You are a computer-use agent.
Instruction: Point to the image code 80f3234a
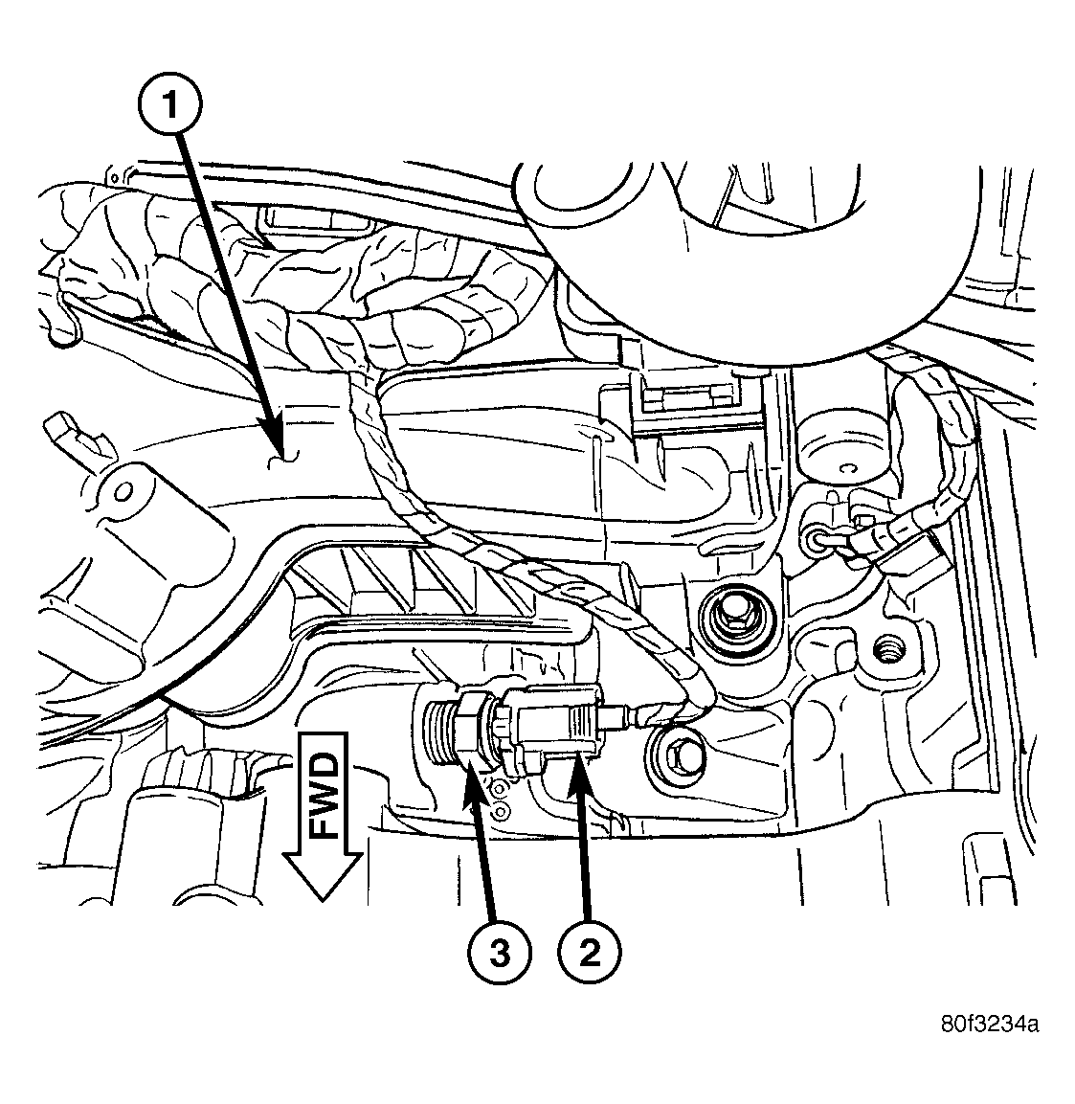[x=987, y=1025]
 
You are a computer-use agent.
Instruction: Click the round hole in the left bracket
[x=122, y=492]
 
